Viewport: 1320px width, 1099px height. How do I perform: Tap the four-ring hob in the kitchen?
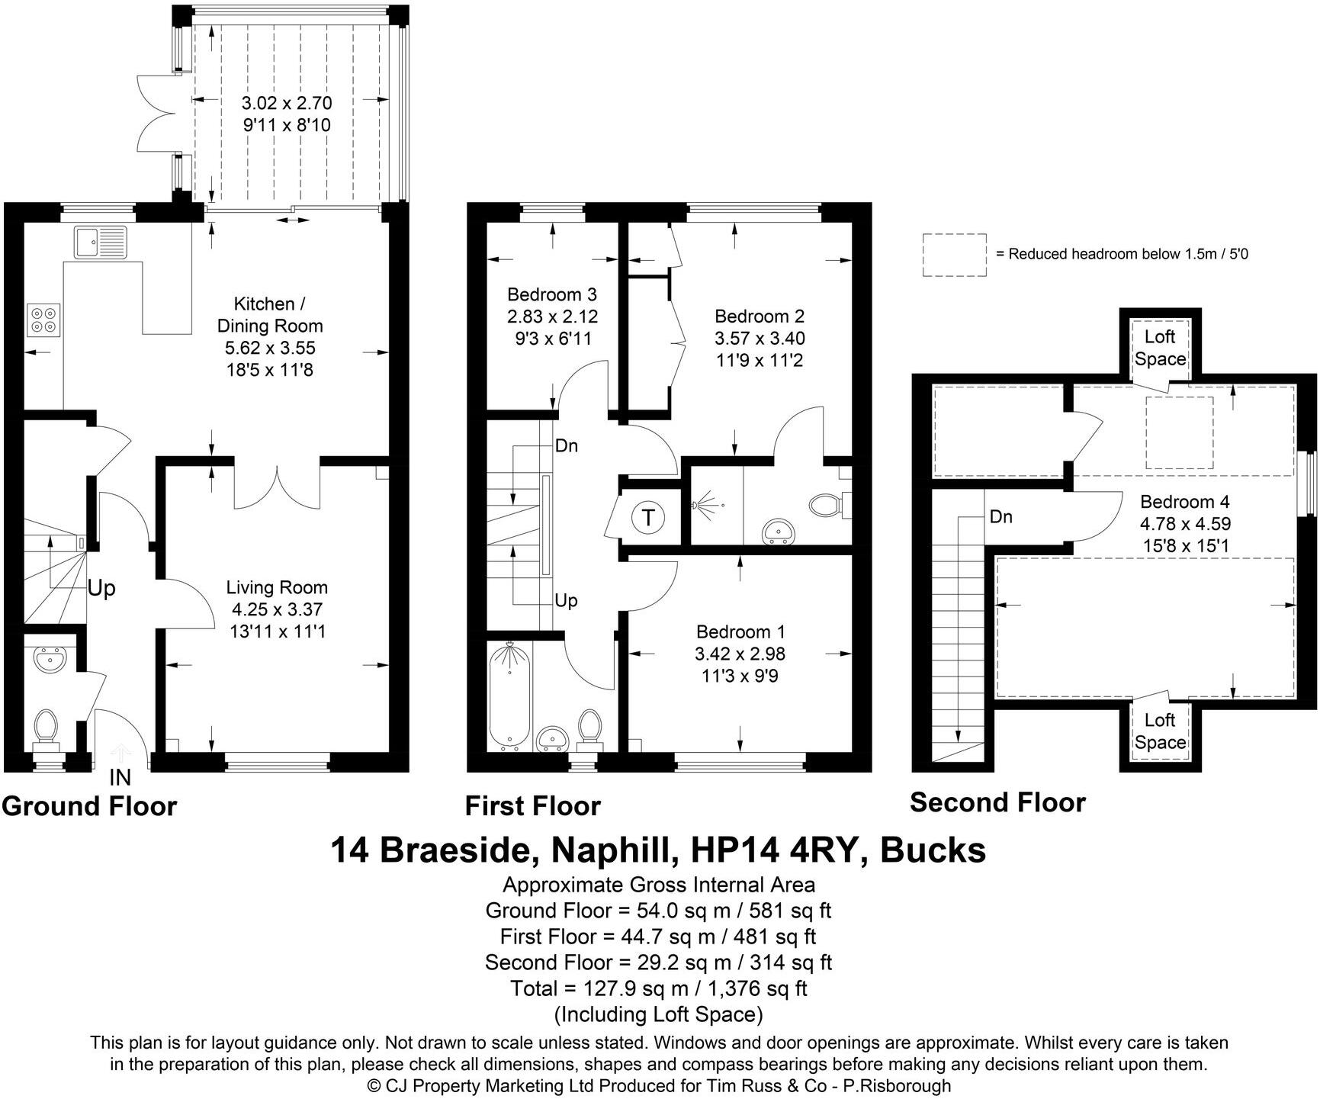click(43, 320)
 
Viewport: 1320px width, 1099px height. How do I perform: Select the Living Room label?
click(277, 587)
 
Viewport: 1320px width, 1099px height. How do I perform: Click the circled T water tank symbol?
click(648, 518)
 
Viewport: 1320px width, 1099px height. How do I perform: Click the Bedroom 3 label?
click(552, 294)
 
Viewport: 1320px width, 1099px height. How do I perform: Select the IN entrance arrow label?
click(120, 777)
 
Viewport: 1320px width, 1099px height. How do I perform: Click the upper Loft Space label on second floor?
click(1160, 348)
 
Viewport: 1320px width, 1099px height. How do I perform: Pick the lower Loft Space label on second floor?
click(1160, 731)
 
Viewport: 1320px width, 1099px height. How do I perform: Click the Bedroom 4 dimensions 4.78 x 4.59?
click(1185, 524)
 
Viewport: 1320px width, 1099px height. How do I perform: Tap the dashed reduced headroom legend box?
click(954, 255)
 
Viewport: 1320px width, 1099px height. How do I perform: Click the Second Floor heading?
click(997, 802)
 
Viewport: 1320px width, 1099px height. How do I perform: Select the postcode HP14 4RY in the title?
click(777, 850)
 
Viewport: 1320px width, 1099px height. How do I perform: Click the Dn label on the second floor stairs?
click(1000, 516)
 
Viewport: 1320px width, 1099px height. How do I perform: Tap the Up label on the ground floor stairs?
click(101, 588)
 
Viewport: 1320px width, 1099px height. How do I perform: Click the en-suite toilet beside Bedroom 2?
click(825, 504)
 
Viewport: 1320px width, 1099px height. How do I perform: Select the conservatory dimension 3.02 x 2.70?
click(287, 103)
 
